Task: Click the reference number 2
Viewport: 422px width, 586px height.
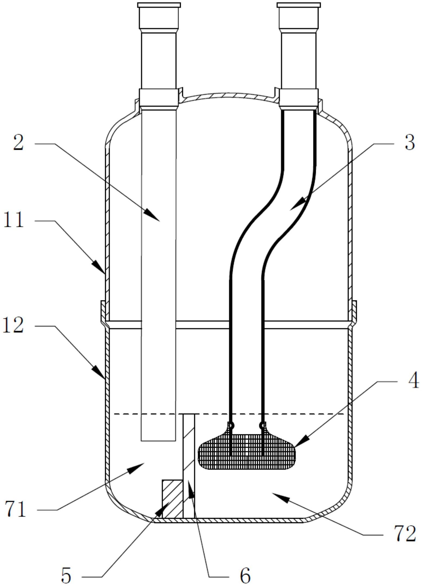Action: point(19,142)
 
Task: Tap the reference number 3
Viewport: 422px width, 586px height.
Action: point(409,142)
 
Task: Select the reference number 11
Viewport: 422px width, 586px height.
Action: point(14,220)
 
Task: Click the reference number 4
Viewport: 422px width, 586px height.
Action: point(413,381)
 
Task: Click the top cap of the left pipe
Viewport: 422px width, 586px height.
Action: point(159,5)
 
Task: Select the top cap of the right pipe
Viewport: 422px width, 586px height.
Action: point(299,5)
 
